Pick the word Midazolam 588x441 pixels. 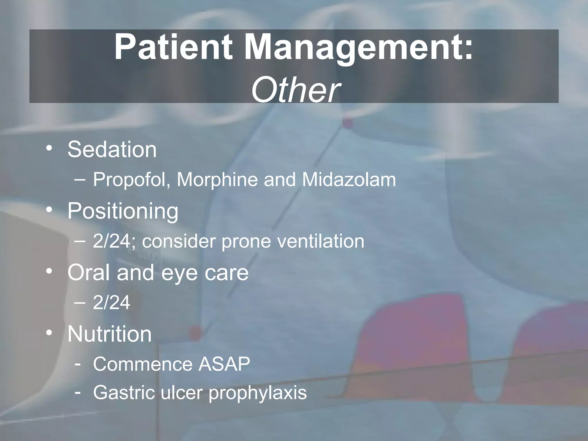click(x=349, y=180)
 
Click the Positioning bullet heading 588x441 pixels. click(x=123, y=211)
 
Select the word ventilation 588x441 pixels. click(x=322, y=241)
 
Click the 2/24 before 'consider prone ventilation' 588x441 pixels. click(x=112, y=241)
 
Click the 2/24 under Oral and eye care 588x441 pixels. click(x=112, y=303)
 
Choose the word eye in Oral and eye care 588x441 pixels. click(x=179, y=273)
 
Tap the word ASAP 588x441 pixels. click(x=224, y=364)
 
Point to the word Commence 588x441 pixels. click(x=143, y=364)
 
